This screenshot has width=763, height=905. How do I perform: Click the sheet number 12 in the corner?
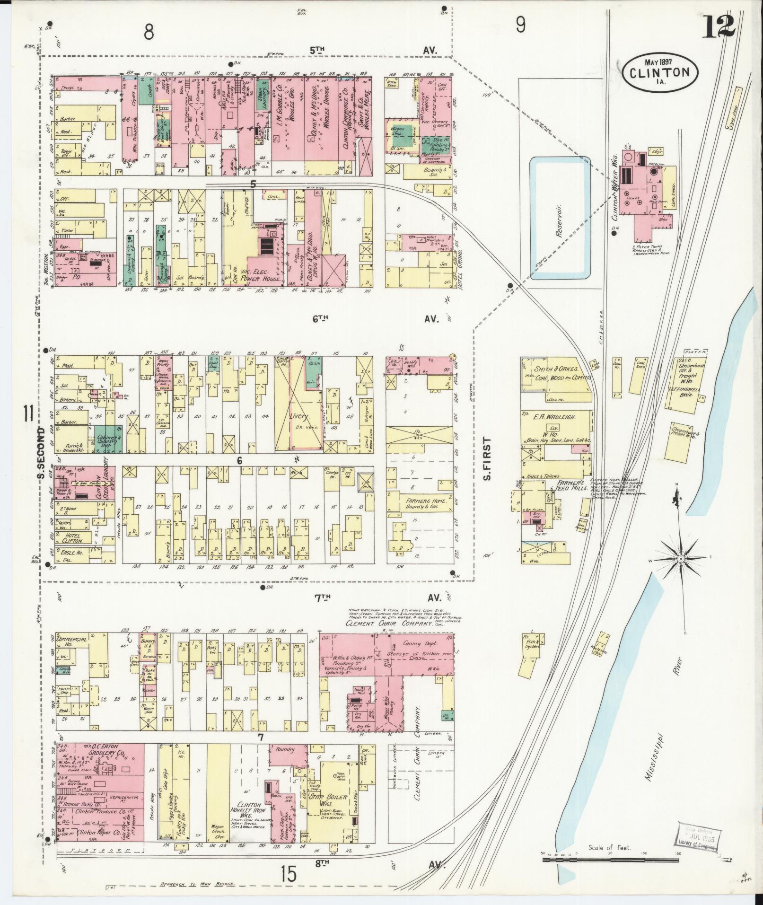tap(719, 27)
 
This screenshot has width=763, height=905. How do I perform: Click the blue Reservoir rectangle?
tap(560, 218)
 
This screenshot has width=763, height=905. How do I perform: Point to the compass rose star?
tap(681, 559)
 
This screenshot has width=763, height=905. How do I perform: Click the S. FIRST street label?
tap(487, 458)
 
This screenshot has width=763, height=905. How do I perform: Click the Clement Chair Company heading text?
tap(389, 624)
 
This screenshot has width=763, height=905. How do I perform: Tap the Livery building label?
tap(299, 417)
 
